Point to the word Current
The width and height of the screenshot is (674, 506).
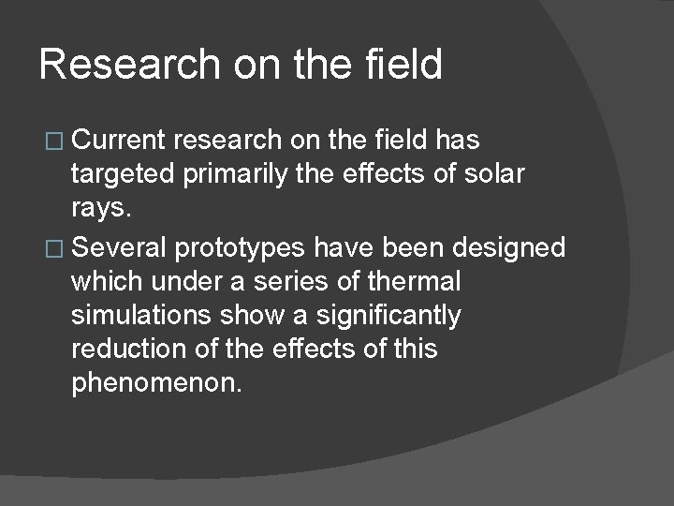pyautogui.click(x=119, y=141)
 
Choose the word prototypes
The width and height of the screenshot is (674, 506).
pyautogui.click(x=245, y=247)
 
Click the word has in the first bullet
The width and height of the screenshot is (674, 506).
pyautogui.click(x=458, y=141)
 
